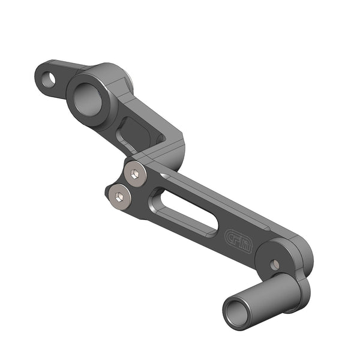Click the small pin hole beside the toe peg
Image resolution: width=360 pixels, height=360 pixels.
[x=274, y=264]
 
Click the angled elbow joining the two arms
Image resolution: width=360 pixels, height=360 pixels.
[x=171, y=147]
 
